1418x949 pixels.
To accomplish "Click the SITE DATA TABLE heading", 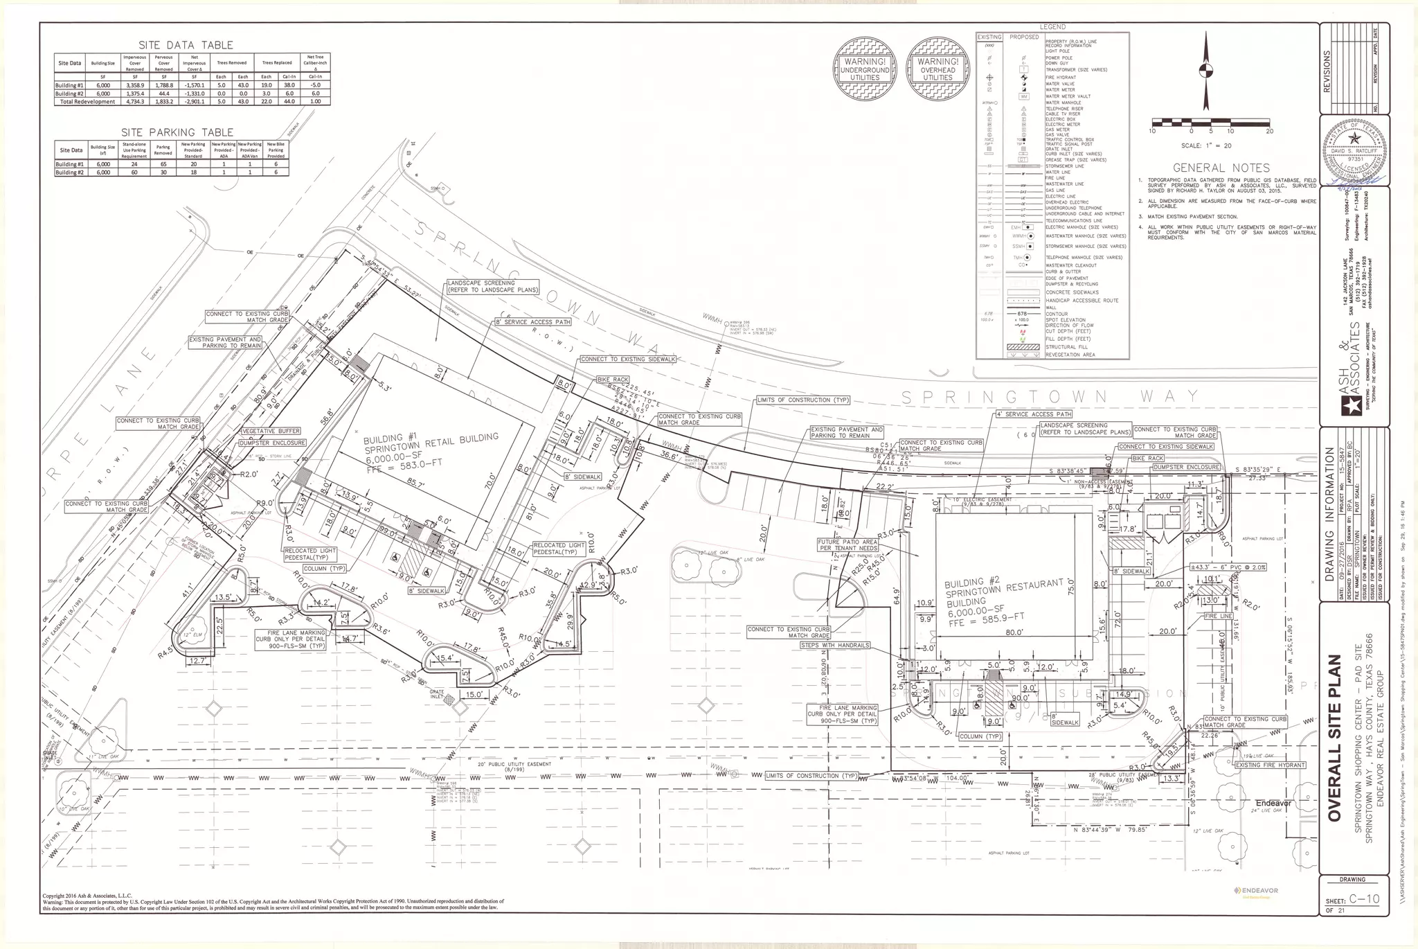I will click(x=186, y=45).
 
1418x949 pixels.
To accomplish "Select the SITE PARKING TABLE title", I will click(x=177, y=132).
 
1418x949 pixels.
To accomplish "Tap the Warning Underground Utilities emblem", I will click(x=865, y=69).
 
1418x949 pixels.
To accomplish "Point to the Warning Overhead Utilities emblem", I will click(x=937, y=69).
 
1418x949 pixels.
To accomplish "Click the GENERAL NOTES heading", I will click(x=1221, y=168).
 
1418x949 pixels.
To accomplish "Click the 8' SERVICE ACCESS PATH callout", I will click(x=532, y=322).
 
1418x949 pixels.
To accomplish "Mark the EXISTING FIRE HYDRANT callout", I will click(x=1270, y=765).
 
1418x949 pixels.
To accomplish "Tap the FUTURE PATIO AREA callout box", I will click(x=847, y=545).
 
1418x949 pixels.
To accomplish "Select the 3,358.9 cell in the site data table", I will click(x=134, y=85).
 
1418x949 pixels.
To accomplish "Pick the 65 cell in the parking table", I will click(x=163, y=164).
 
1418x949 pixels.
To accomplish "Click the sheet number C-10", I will click(x=1364, y=899).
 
